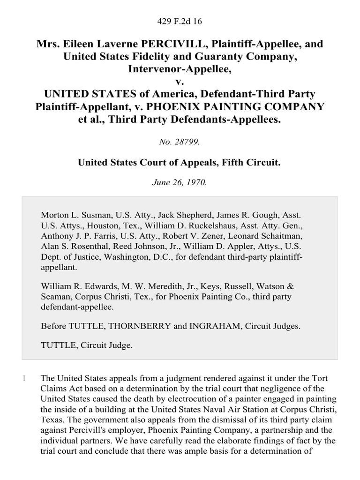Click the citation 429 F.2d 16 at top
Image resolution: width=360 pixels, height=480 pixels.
coord(180,21)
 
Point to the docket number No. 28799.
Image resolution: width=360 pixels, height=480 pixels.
coord(180,141)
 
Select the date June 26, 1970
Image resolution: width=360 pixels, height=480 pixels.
coord(180,183)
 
